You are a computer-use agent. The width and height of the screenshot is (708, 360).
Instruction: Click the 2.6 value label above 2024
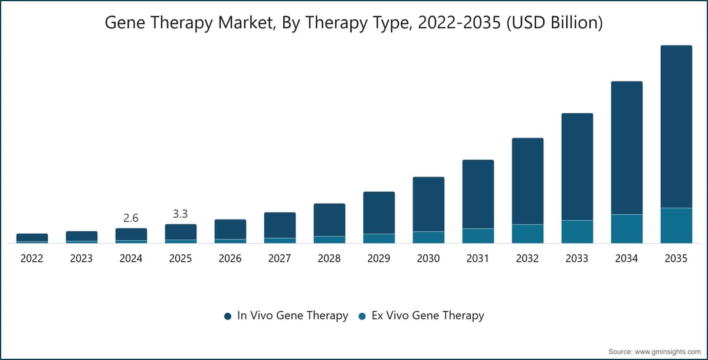(x=131, y=218)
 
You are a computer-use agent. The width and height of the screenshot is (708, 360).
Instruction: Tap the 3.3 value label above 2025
(x=181, y=214)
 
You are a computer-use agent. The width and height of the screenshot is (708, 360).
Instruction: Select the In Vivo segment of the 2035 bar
(x=676, y=127)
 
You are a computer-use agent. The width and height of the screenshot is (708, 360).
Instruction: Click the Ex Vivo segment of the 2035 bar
(x=676, y=225)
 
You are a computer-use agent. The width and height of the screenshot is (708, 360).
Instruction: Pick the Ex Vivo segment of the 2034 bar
(x=627, y=229)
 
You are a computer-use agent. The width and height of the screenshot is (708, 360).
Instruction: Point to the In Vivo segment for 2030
(x=428, y=204)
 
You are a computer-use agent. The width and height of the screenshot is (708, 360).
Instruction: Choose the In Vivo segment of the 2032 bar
(x=528, y=181)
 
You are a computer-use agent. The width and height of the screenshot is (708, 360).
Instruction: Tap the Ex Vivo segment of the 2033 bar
(x=577, y=232)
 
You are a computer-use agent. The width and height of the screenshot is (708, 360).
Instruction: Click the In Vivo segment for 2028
(x=329, y=220)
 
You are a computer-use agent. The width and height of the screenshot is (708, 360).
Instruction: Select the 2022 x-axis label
(x=32, y=258)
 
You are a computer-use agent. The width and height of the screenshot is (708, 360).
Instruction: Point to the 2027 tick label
(x=280, y=258)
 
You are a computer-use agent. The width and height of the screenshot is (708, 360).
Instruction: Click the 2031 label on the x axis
(x=477, y=258)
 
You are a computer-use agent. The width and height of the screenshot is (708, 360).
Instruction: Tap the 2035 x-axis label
(x=676, y=258)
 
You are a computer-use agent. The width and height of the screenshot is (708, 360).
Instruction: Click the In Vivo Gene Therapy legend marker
(x=228, y=316)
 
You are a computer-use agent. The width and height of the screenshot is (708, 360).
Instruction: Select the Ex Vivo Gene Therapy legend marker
(x=362, y=316)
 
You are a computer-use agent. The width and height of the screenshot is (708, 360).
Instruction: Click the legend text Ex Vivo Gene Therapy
(x=428, y=315)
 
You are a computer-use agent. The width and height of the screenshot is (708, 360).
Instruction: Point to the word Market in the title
(x=246, y=23)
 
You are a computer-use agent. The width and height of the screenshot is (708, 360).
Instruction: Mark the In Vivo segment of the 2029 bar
(x=379, y=212)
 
